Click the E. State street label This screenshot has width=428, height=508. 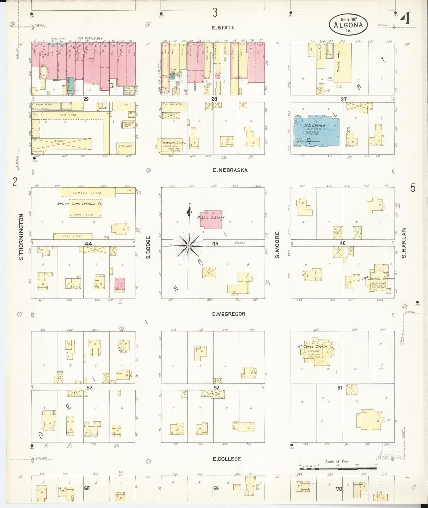tap(223, 28)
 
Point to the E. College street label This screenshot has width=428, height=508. tap(227, 459)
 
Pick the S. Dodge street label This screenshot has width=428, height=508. tap(149, 247)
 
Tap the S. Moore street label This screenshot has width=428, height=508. tap(277, 245)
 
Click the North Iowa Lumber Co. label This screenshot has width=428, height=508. tap(80, 204)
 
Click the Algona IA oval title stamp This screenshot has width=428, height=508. tap(348, 25)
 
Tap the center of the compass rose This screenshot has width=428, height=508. tap(188, 246)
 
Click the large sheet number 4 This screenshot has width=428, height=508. tap(406, 19)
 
